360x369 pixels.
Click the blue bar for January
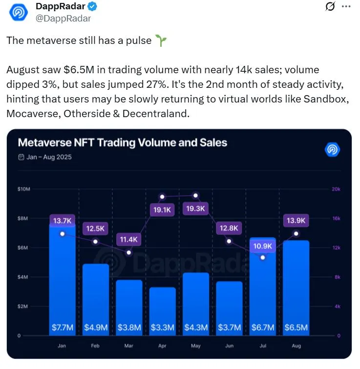pos(63,280)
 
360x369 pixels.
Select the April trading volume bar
pos(163,311)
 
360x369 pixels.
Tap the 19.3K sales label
pos(195,208)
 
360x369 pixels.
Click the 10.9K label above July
pos(262,246)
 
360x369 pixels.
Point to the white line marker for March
pos(129,252)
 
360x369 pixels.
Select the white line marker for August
pos(296,234)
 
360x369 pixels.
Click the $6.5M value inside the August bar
pos(296,328)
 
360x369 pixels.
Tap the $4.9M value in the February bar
pos(96,328)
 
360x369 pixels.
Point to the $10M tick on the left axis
pos(23,189)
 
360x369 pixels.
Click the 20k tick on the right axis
pos(336,189)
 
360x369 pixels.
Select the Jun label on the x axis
pos(229,346)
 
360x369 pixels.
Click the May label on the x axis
pos(196,346)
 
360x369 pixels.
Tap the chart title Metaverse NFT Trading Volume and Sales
pos(123,143)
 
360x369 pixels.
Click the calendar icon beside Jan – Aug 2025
pos(21,157)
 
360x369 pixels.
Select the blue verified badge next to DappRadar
pos(92,6)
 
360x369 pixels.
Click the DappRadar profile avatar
pos(19,12)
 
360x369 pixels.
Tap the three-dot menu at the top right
pos(346,6)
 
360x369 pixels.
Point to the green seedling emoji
pos(161,41)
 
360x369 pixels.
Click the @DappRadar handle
pos(63,19)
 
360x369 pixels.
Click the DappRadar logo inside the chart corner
pos(332,149)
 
